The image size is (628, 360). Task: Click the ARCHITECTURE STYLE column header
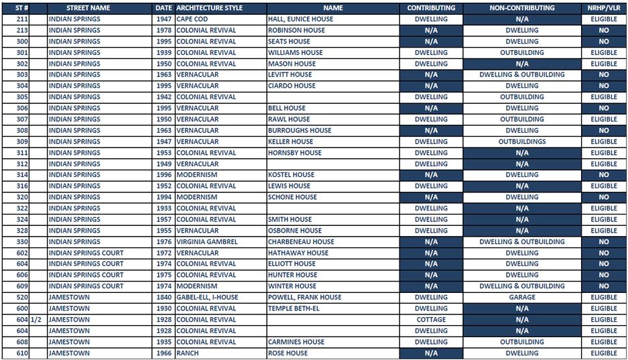pyautogui.click(x=209, y=8)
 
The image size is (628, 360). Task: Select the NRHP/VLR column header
pyautogui.click(x=604, y=8)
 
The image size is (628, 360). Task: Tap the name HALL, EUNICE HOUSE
pyautogui.click(x=300, y=19)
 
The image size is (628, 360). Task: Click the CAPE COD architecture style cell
pyautogui.click(x=192, y=19)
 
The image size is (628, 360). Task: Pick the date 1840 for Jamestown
pyautogui.click(x=164, y=298)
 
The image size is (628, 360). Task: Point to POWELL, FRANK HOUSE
pyautogui.click(x=304, y=298)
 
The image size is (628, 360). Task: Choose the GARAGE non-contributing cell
pyautogui.click(x=522, y=298)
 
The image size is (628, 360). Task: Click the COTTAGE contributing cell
pyautogui.click(x=431, y=320)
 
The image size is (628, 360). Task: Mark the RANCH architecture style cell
pyautogui.click(x=188, y=353)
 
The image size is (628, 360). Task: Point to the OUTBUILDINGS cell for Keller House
pyautogui.click(x=522, y=141)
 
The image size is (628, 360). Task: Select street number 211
pyautogui.click(x=22, y=19)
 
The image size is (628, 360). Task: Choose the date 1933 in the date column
pyautogui.click(x=164, y=208)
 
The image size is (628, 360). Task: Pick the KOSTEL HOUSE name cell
pyautogui.click(x=291, y=175)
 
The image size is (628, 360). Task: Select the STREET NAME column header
pyautogui.click(x=88, y=8)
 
